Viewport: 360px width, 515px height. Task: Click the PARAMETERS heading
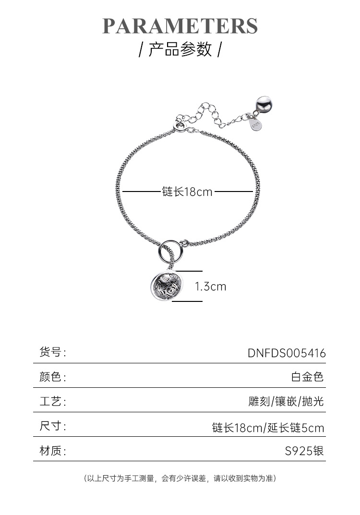(180, 26)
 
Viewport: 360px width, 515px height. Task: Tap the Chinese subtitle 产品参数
(180, 49)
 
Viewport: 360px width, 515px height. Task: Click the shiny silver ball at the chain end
(262, 103)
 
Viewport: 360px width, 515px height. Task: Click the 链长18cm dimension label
(187, 192)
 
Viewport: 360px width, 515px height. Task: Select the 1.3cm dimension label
(210, 287)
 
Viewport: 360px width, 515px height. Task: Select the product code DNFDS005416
(287, 353)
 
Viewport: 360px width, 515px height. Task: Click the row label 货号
(52, 352)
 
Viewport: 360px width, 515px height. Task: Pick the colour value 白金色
(308, 377)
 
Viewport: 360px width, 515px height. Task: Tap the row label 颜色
(52, 377)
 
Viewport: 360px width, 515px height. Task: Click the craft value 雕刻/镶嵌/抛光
(286, 401)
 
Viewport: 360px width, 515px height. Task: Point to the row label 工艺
(52, 401)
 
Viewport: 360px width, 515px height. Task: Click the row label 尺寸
(52, 426)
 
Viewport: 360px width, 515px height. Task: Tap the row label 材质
(52, 451)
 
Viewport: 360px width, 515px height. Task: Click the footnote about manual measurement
(180, 478)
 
